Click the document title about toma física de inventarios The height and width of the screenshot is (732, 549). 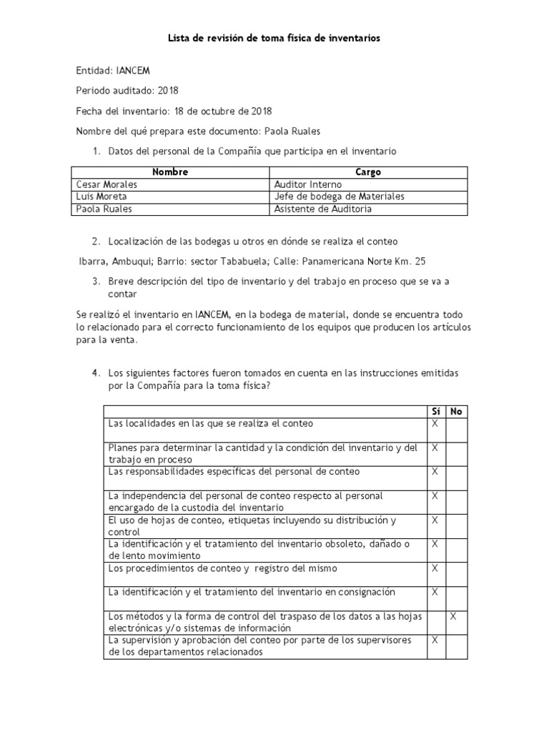point(274,39)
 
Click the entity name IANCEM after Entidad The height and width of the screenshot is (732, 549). point(133,71)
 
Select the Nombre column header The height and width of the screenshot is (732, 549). point(170,172)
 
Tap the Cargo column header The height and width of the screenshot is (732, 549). point(368,172)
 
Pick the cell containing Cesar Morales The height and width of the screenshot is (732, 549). point(107,184)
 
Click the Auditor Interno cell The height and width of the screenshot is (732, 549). point(308,184)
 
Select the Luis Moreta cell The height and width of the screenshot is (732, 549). point(102,197)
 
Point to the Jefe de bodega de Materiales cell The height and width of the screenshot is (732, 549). point(340,197)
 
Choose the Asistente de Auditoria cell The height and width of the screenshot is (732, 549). point(322,209)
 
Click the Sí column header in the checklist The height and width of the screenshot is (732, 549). point(435,412)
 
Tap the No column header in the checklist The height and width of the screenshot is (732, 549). point(456,412)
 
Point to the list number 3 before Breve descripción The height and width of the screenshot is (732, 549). point(96,282)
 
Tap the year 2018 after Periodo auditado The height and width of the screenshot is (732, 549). point(168,91)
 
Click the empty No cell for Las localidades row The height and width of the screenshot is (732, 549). point(456,430)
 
